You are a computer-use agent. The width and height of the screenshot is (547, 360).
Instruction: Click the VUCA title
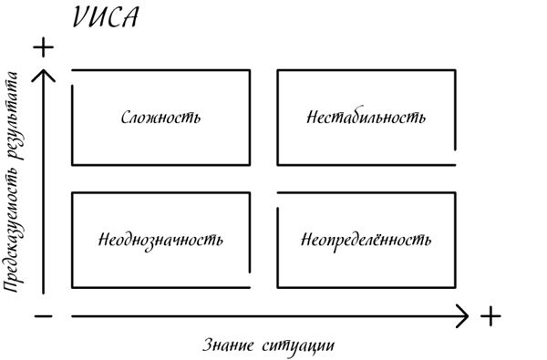tap(103, 17)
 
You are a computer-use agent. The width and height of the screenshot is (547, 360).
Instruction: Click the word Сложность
tap(160, 118)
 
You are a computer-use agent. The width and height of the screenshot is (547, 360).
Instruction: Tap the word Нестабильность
tap(366, 118)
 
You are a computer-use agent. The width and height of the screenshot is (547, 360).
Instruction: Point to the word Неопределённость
tap(366, 241)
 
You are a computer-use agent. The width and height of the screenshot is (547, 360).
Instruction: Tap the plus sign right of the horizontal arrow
tap(491, 316)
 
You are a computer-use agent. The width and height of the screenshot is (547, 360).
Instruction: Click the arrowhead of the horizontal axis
tap(464, 316)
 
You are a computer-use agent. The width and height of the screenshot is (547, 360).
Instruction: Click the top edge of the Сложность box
tap(160, 69)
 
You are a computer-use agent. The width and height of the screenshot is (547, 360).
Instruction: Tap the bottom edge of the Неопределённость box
tap(366, 287)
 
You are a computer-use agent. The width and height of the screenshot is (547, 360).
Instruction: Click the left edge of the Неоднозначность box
tap(71, 240)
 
